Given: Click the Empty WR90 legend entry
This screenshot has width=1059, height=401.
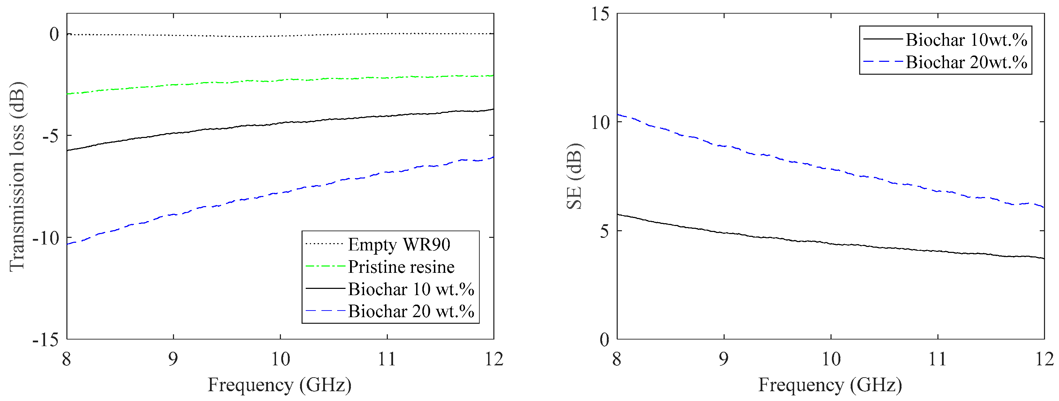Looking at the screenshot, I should [x=399, y=245].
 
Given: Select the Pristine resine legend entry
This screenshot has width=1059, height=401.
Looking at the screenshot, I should [x=401, y=267].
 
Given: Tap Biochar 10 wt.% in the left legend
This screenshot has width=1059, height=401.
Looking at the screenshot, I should [x=411, y=289].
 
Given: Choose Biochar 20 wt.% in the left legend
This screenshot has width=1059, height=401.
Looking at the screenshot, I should [x=411, y=312].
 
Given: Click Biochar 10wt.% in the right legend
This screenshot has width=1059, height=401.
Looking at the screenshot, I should [x=966, y=40].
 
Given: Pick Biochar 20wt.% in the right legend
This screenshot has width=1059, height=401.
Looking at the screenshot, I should [x=966, y=63].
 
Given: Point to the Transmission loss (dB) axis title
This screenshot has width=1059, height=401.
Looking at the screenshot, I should [x=17, y=177].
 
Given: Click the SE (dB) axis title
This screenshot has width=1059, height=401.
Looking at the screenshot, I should [x=574, y=177].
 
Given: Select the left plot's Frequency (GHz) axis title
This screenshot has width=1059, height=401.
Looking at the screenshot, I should [x=280, y=385].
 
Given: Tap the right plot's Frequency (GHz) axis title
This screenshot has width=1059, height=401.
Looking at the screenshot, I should [x=830, y=385].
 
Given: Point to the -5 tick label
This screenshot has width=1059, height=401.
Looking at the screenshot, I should [x=50, y=136].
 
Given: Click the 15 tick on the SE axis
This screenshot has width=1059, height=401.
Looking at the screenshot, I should [x=600, y=14].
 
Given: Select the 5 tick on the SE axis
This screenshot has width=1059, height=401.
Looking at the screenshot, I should [x=604, y=231].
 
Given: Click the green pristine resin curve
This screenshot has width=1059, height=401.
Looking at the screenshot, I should [x=247, y=81].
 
